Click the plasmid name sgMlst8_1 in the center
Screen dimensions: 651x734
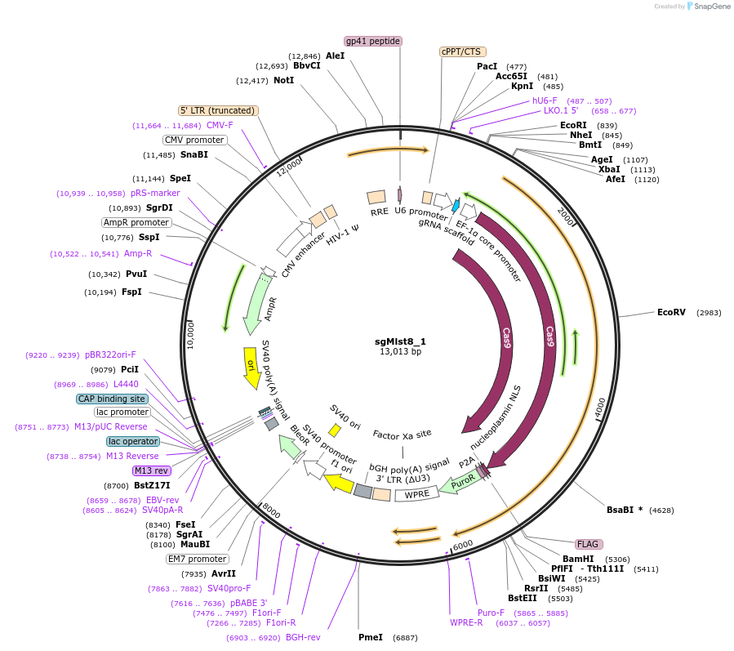[x=400, y=341]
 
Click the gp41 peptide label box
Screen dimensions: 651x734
[x=373, y=41]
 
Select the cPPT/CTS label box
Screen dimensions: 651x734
[x=461, y=51]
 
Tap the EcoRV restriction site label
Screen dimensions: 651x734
[x=672, y=312]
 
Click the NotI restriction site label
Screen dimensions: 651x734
[x=283, y=80]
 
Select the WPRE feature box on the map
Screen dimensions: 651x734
[x=417, y=494]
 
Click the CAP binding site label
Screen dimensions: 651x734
[x=112, y=399]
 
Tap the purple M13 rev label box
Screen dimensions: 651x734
[x=151, y=470]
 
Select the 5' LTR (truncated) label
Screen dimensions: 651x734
[x=218, y=110]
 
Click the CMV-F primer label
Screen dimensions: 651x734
[x=220, y=125]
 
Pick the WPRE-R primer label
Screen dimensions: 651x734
[x=466, y=622]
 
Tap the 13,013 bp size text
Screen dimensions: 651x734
[x=400, y=352]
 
